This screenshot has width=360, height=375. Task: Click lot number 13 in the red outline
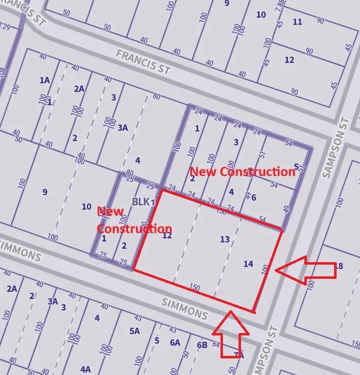224,239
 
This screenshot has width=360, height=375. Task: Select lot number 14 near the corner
248,264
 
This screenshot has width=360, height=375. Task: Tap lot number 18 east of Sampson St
339,266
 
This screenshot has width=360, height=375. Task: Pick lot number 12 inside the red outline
167,236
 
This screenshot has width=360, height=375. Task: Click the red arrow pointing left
305,270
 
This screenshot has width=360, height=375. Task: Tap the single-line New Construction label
242,172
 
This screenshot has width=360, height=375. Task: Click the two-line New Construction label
134,220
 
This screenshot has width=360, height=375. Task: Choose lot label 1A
44,80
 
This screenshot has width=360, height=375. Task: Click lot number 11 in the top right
297,22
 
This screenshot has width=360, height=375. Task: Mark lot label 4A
86,369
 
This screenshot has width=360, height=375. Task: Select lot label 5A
135,331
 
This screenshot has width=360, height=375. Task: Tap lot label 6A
175,342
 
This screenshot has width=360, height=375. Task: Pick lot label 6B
202,345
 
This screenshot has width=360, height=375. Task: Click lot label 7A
238,355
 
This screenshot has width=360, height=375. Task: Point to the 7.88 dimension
280,5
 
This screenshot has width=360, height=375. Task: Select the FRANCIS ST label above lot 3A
143,62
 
